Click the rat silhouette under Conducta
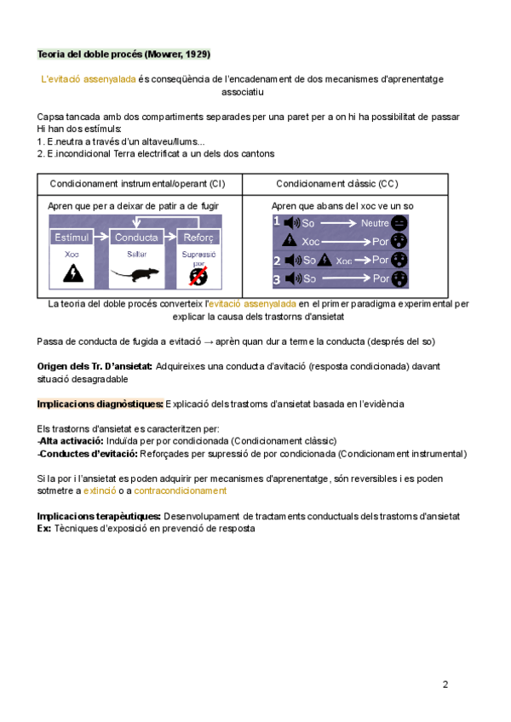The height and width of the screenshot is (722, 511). click(x=135, y=274)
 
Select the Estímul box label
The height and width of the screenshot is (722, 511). click(x=72, y=237)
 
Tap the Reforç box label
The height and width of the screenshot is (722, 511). click(x=199, y=237)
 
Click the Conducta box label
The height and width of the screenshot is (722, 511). click(x=135, y=237)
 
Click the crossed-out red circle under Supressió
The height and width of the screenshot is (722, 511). click(x=199, y=276)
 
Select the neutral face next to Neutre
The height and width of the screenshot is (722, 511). click(x=400, y=223)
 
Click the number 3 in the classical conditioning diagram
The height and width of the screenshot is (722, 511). click(x=277, y=278)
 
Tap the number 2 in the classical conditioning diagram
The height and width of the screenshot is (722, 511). click(x=277, y=261)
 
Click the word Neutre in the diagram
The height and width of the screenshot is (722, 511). click(x=375, y=223)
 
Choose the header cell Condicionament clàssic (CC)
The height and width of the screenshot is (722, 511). click(x=336, y=183)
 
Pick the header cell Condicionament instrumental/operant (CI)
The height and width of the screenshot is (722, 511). click(x=138, y=183)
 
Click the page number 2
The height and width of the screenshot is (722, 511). click(x=445, y=684)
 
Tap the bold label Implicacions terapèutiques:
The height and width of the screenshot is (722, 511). click(x=100, y=516)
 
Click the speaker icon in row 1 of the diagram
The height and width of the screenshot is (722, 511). click(x=290, y=223)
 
